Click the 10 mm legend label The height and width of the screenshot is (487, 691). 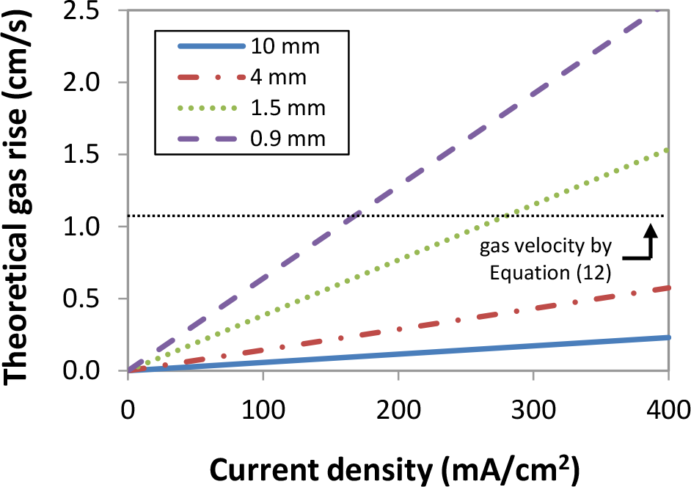click(285, 48)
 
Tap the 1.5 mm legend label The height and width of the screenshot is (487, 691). click(287, 108)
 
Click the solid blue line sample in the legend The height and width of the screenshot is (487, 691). click(210, 48)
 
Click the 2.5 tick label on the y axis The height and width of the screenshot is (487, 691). click(99, 11)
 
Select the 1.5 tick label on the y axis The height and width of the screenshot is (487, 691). click(99, 155)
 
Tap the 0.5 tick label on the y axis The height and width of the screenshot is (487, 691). click(99, 299)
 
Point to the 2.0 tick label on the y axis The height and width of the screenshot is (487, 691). click(99, 83)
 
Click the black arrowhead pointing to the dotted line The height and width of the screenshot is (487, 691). click(651, 230)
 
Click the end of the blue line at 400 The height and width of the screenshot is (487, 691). click(668, 337)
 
